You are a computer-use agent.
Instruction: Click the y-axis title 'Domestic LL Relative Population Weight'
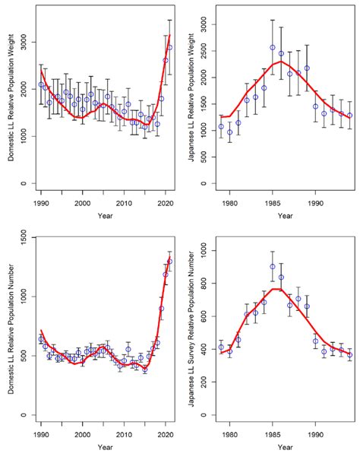tap(11, 98)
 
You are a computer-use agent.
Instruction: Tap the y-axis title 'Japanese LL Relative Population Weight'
tap(191, 97)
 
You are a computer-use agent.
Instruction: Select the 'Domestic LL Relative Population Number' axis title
tap(11, 329)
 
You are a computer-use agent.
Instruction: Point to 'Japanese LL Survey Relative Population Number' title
tap(191, 329)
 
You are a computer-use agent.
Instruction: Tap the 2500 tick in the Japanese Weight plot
tap(204, 51)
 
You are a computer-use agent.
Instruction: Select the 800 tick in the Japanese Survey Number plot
tap(204, 284)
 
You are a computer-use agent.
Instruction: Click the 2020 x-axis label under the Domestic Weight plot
tap(166, 204)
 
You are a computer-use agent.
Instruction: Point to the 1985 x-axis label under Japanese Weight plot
tap(273, 204)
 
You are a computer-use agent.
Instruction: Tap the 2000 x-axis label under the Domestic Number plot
tap(83, 435)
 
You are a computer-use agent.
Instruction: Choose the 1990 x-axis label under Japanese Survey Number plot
tap(315, 435)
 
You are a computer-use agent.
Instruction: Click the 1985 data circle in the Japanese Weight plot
tap(273, 48)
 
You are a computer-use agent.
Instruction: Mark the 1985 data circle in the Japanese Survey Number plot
tap(273, 267)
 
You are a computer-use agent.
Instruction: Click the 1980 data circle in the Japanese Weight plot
tap(230, 132)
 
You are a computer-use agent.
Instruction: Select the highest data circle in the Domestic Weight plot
tap(169, 47)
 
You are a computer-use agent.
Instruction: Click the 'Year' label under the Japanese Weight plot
tap(285, 216)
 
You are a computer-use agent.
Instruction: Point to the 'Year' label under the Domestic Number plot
tap(105, 447)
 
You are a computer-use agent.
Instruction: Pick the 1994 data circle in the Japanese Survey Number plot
tap(349, 354)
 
